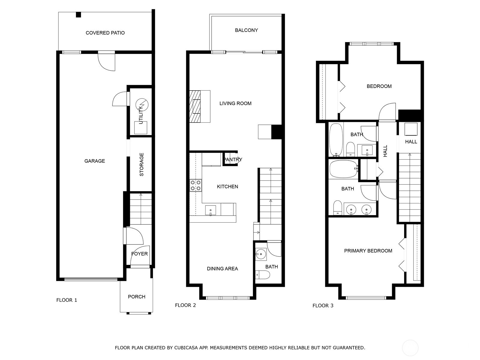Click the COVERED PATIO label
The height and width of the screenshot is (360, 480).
point(105,33)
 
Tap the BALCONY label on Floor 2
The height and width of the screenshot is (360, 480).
point(246,30)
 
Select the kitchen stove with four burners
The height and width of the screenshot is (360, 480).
point(195,185)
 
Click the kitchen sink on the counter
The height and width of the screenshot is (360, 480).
point(211,210)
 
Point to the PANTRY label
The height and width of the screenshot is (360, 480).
point(233,160)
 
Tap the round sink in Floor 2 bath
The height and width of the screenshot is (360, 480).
point(261,254)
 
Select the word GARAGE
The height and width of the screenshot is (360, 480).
point(94,161)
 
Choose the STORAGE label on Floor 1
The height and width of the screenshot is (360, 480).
point(142,164)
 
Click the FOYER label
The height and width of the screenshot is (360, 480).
point(139,254)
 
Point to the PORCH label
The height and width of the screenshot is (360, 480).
point(136,297)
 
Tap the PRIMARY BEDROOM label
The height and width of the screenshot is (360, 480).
point(368,251)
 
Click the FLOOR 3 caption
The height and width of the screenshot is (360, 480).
point(323,306)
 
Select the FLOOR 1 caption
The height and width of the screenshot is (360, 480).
point(67,300)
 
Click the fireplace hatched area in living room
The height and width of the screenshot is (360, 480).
point(195,106)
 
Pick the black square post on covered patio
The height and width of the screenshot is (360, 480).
point(78,14)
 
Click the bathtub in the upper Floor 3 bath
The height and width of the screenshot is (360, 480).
point(336,139)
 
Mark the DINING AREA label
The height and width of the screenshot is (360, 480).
point(222,269)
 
